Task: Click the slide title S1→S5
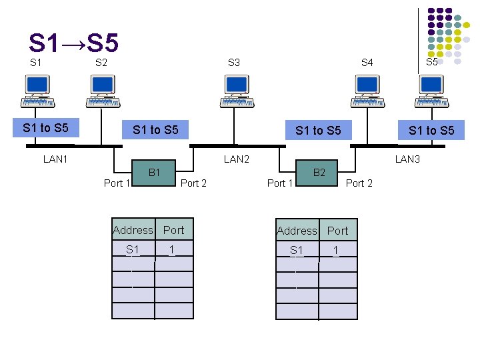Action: tap(73, 43)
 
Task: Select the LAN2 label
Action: tap(236, 159)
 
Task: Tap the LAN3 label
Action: tap(407, 159)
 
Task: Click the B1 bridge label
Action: tap(154, 173)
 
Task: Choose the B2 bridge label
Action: tap(319, 173)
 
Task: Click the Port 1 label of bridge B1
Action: tap(117, 183)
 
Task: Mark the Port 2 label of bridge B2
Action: tap(359, 183)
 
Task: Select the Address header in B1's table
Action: tap(133, 230)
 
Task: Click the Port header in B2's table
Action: tap(337, 231)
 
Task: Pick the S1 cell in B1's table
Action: tap(133, 249)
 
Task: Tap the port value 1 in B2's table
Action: tap(336, 250)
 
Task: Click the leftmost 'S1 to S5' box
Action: tap(46, 127)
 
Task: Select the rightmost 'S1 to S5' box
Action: tap(431, 130)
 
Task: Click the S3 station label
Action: tap(233, 63)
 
